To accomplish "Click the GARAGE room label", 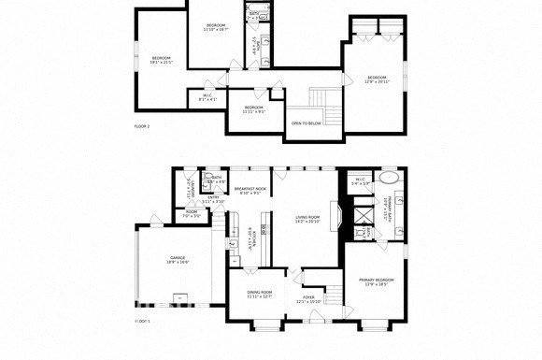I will [x=178, y=259].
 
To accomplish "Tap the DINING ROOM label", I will [x=259, y=294].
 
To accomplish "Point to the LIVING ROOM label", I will [x=307, y=219].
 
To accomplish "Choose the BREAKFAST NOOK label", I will [x=250, y=191].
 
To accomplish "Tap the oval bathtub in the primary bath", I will [x=388, y=178].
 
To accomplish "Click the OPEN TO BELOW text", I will [x=307, y=122].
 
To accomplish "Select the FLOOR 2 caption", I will [x=142, y=125].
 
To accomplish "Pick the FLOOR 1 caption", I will [x=142, y=321].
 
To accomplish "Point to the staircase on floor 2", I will [x=321, y=97].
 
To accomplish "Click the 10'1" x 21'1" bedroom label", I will [x=162, y=60].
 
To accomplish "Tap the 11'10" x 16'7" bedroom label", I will [x=216, y=26].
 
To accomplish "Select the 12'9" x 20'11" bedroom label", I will [x=377, y=79].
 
